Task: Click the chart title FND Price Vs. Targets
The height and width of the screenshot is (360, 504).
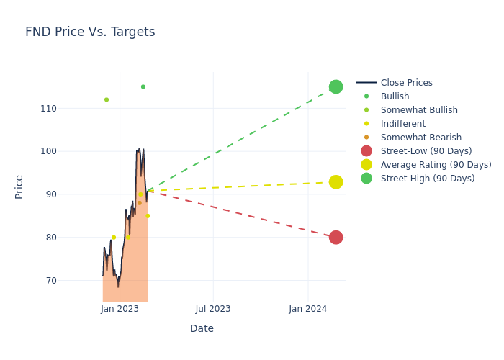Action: tap(90, 32)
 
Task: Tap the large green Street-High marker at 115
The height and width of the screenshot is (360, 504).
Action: tap(336, 86)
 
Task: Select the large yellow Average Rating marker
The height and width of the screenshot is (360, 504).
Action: tap(336, 182)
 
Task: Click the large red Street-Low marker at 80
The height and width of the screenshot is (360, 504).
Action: tap(336, 238)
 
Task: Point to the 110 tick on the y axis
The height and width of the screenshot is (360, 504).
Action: tap(68, 109)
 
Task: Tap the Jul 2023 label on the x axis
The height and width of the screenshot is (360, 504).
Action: tap(213, 309)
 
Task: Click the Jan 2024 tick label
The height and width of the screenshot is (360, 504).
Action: tap(308, 309)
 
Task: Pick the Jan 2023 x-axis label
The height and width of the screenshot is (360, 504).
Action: tap(120, 309)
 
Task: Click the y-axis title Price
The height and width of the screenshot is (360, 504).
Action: tap(19, 186)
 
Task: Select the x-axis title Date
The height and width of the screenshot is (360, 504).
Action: tap(202, 329)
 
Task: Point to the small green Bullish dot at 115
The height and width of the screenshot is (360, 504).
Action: tap(143, 86)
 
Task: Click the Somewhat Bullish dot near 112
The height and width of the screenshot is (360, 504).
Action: tap(107, 99)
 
